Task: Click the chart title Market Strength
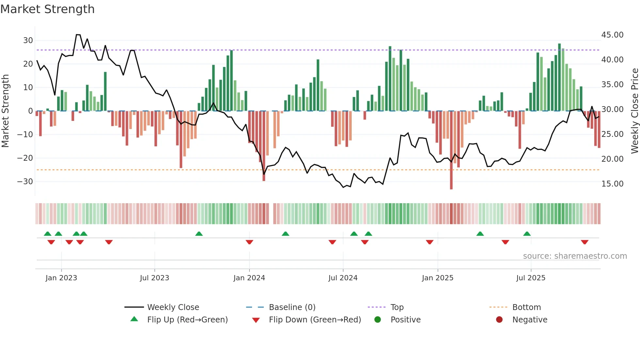tap(47, 9)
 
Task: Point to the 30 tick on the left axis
tap(28, 41)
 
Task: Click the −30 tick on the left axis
tap(25, 182)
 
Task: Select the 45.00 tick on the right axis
tap(612, 35)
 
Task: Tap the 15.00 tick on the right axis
tap(612, 184)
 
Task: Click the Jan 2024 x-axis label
tap(249, 278)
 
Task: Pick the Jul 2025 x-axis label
tap(531, 278)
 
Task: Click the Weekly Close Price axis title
tap(634, 111)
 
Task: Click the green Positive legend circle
tap(378, 320)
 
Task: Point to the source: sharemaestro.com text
tap(575, 256)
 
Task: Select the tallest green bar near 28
tap(559, 77)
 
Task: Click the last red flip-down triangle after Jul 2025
tap(584, 242)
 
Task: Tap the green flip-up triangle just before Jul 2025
tap(527, 234)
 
